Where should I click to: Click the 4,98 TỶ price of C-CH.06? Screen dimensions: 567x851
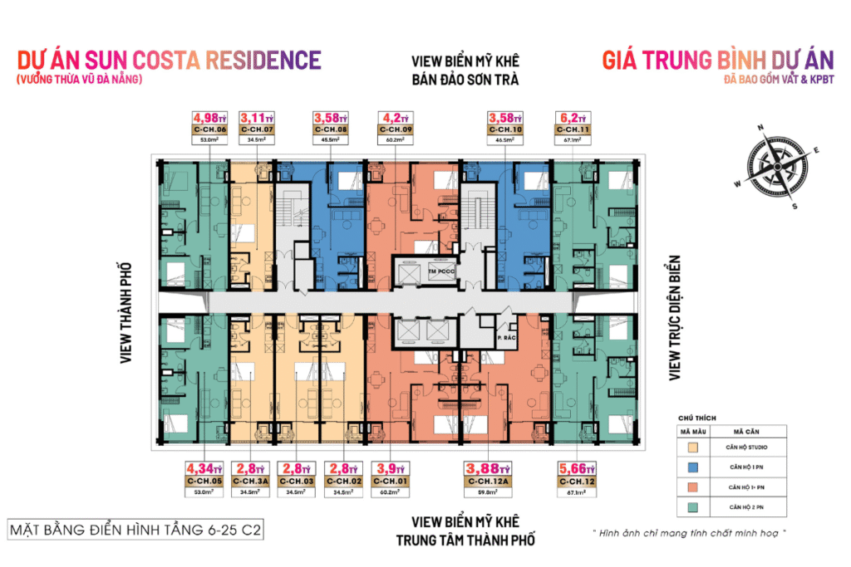(x=209, y=118)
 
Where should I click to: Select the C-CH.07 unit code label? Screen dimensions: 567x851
(x=256, y=130)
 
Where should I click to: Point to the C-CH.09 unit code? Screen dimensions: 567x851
(x=395, y=130)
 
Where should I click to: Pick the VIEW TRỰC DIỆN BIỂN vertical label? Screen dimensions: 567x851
(x=675, y=317)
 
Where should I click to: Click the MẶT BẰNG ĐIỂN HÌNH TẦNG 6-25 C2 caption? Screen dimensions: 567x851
(x=134, y=530)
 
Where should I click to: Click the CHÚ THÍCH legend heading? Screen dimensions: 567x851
(x=696, y=418)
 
